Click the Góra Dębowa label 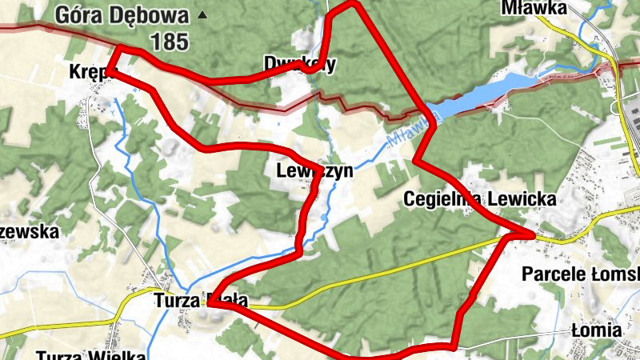point(122,15)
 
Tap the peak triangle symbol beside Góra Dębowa point(202,14)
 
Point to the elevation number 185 point(169,42)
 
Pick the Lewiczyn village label point(314,171)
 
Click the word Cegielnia point(444,198)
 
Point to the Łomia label point(597,330)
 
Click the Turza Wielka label point(90,355)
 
